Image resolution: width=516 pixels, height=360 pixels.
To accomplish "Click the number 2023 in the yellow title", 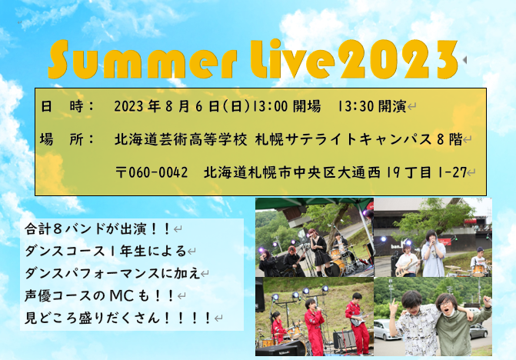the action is (398, 59).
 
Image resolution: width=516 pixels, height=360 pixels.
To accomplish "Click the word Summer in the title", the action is (142, 60).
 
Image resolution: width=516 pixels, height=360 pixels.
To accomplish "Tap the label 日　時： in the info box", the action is (67, 107).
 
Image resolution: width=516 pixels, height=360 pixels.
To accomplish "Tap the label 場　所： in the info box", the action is (67, 139).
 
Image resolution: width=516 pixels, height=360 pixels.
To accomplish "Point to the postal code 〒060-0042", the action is (151, 172).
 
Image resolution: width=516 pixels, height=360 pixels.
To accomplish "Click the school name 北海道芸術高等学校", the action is (181, 139).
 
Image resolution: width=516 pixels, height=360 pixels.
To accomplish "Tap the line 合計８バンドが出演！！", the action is (98, 228).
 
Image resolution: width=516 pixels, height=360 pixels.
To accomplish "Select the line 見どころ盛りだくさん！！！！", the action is (118, 318).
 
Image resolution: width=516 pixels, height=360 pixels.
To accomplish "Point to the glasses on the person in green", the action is (445, 302).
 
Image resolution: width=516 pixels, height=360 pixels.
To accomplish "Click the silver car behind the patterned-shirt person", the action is (384, 330).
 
